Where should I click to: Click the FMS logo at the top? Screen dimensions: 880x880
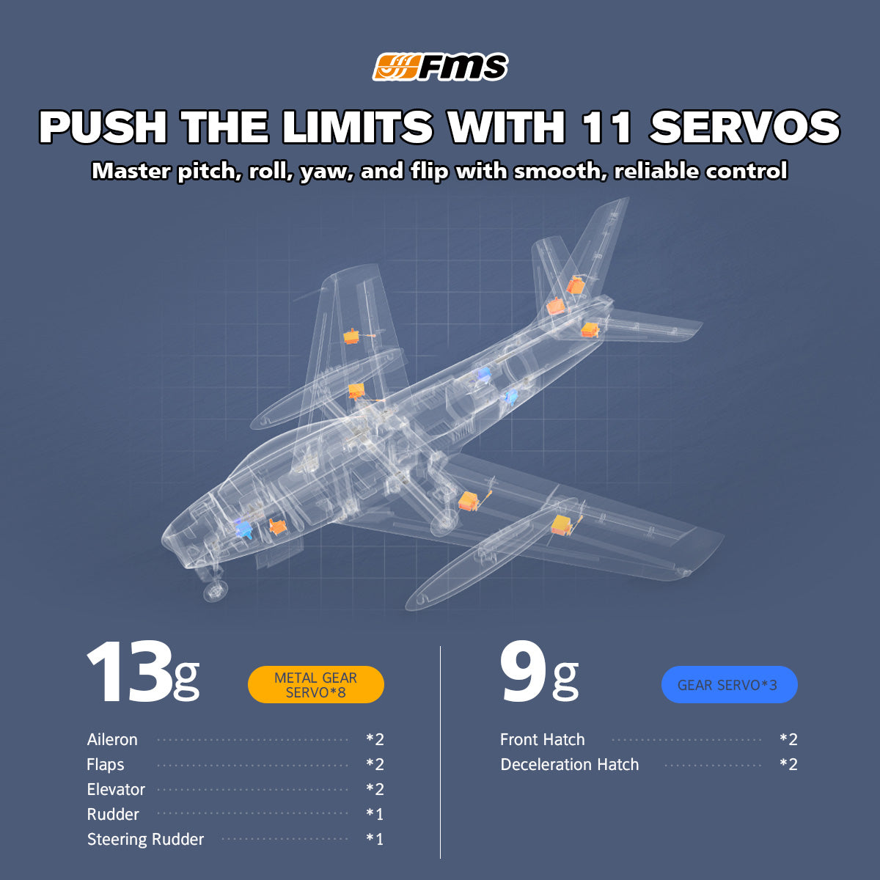pos(440,67)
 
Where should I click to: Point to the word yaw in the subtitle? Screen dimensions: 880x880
pos(326,172)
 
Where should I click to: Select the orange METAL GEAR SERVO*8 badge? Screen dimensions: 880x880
pos(315,684)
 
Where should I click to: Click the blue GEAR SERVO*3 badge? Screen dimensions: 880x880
pos(729,684)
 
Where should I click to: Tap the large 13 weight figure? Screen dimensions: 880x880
pos(130,671)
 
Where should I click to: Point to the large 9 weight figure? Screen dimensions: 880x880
pos(524,671)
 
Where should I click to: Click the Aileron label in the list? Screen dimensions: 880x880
pos(112,740)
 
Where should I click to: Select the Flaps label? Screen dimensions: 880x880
pos(106,765)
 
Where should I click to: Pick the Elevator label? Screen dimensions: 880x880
pos(116,790)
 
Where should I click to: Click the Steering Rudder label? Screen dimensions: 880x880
pos(146,840)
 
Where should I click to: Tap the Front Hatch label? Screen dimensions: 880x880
pos(543,740)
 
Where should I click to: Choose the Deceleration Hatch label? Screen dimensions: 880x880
pos(570,765)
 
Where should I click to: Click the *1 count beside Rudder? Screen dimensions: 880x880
pos(375,814)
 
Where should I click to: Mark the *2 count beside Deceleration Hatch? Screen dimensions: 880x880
pos(788,765)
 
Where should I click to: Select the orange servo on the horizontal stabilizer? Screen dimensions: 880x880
pos(590,330)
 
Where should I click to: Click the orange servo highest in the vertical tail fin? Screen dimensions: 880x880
pos(576,285)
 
